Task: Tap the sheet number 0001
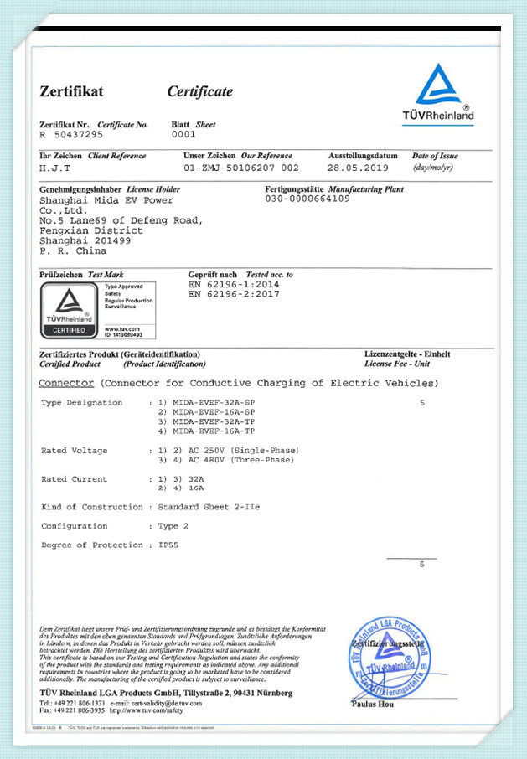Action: [x=183, y=134]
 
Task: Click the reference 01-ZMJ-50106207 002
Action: [x=240, y=167]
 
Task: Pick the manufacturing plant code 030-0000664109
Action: [x=307, y=199]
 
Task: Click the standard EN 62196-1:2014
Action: [x=234, y=285]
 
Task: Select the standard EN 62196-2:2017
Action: [x=234, y=294]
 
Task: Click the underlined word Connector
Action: [x=66, y=383]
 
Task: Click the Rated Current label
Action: [x=74, y=479]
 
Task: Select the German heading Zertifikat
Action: [x=72, y=92]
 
